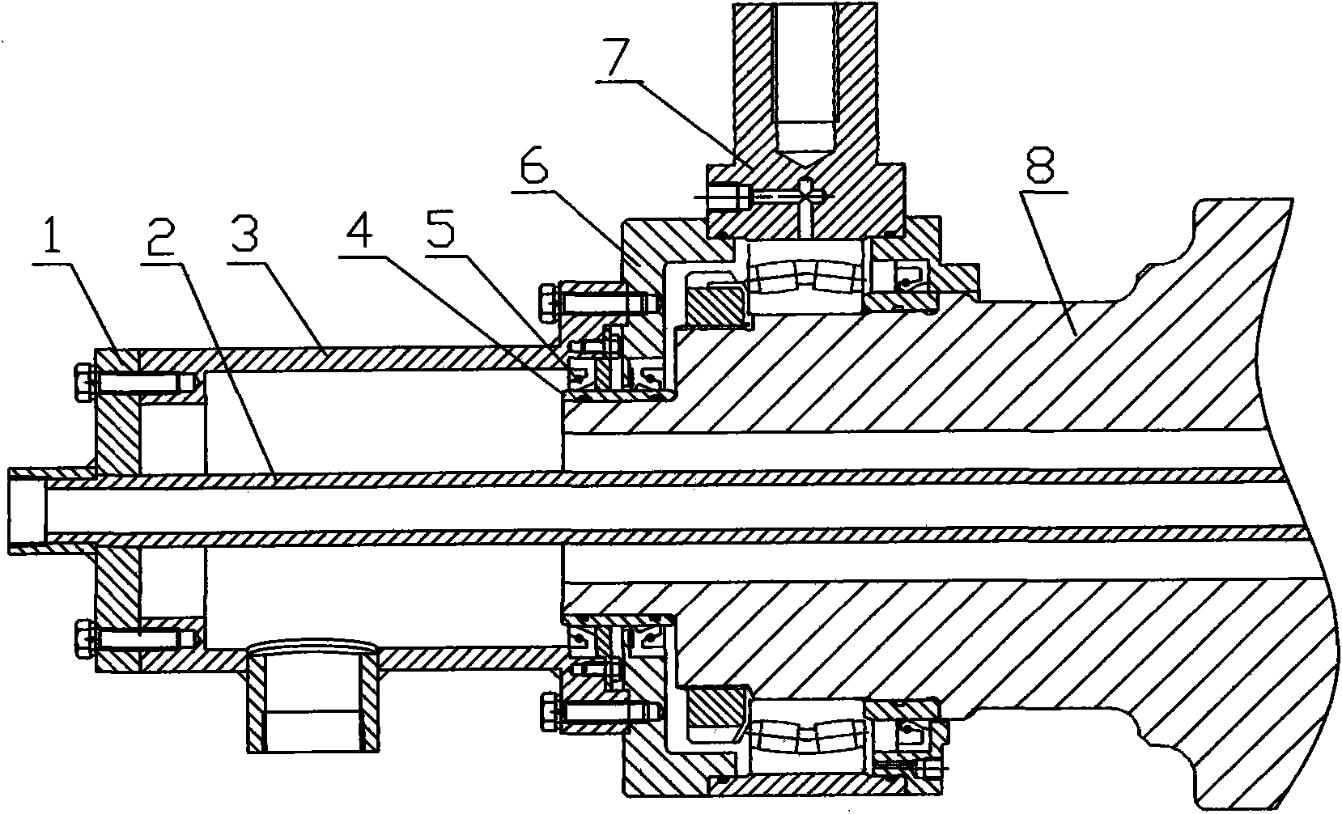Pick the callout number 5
440,230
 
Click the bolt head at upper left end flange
83,380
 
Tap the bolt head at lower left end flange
84,639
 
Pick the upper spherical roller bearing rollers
807,278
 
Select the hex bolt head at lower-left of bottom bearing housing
550,711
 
